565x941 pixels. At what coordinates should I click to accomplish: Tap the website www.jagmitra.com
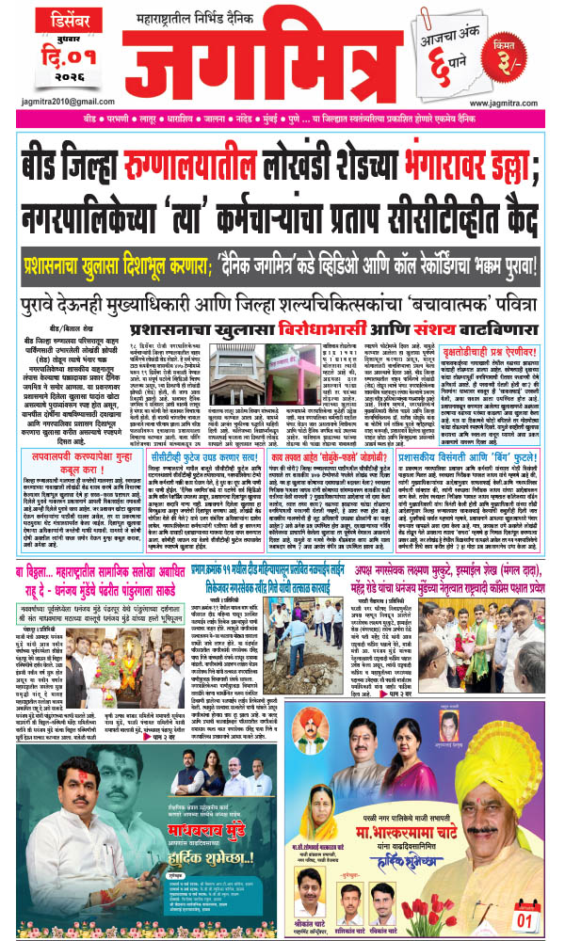tap(508, 103)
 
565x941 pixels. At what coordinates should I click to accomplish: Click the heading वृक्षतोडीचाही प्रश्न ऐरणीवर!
tap(488, 336)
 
